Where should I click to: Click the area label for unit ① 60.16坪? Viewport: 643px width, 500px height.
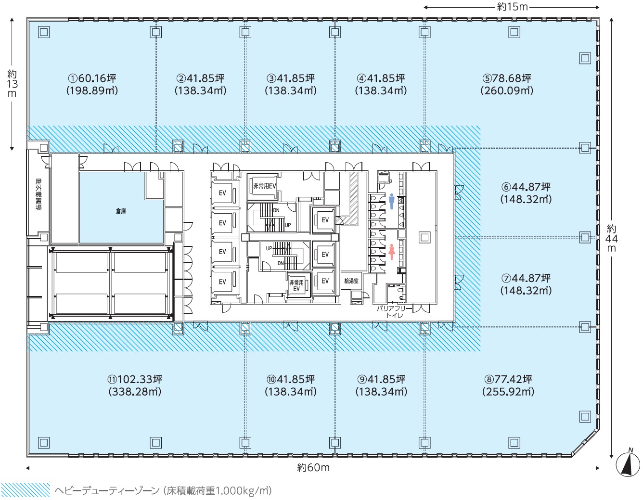[92, 84]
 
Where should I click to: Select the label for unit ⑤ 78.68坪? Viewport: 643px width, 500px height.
[507, 84]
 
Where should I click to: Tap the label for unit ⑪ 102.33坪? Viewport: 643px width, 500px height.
[135, 385]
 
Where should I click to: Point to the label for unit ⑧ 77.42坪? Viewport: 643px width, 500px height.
[508, 385]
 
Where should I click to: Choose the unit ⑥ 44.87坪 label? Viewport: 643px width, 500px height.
[526, 193]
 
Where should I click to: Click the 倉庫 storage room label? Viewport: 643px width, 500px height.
[121, 211]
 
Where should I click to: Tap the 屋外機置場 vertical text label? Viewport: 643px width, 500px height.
[39, 194]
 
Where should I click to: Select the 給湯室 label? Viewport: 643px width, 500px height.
[351, 281]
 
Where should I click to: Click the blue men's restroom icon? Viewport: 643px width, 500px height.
[392, 202]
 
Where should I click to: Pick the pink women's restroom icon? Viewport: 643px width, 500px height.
[392, 252]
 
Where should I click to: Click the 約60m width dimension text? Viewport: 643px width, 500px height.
[313, 468]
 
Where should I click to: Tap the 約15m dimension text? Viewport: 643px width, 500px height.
[512, 7]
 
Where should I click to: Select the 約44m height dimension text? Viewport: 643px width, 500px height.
[611, 238]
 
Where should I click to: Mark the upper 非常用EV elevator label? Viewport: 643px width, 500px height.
[265, 186]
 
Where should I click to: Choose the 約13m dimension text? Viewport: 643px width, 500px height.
[12, 84]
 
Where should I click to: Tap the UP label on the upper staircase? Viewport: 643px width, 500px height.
[288, 225]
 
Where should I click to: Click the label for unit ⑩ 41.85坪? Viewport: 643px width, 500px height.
[291, 385]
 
